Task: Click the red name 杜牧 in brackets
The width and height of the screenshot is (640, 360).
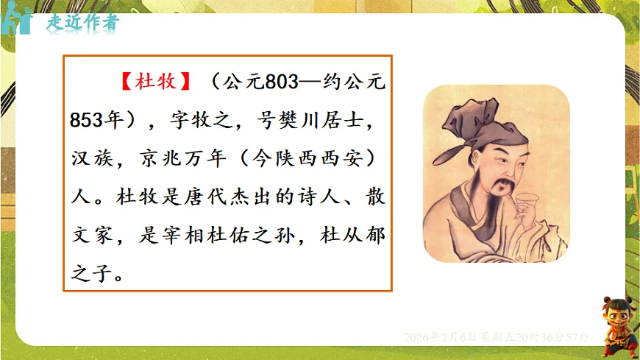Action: [x=156, y=81]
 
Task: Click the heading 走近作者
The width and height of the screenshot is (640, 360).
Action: [x=81, y=22]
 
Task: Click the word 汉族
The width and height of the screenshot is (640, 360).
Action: [x=90, y=158]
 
